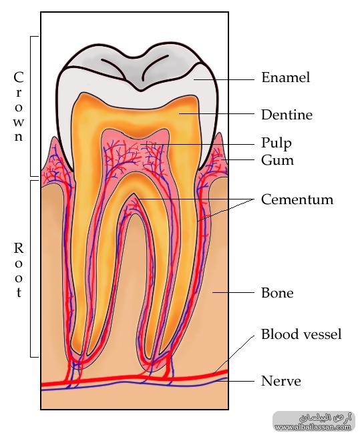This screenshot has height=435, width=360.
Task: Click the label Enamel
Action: tap(285, 77)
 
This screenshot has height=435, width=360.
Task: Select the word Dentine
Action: tap(287, 115)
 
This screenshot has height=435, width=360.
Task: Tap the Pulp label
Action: tap(277, 143)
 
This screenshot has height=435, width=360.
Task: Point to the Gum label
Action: tap(277, 160)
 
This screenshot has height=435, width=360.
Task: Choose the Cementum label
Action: tap(297, 199)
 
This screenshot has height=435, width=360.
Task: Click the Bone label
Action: tap(277, 293)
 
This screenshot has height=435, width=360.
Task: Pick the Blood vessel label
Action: tap(301, 334)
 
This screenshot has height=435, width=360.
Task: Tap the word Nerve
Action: tap(281, 381)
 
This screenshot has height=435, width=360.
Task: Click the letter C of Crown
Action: tap(18, 77)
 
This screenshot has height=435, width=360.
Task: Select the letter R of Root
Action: tap(18, 248)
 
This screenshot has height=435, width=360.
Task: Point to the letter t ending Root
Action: tap(19, 292)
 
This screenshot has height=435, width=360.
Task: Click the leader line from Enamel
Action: tap(224, 79)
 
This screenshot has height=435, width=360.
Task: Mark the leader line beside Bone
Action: tap(233, 292)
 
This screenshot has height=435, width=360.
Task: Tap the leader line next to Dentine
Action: tap(216, 113)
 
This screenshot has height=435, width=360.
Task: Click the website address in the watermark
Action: tap(314, 427)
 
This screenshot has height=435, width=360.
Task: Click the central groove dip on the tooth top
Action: tap(140, 91)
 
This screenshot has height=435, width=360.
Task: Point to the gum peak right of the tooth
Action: tap(220, 133)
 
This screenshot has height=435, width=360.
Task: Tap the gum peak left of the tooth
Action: tap(55, 137)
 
